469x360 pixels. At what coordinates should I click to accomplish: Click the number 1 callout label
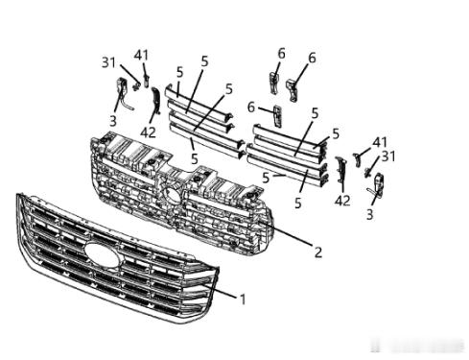(x=243, y=300)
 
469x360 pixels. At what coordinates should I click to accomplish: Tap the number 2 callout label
(x=318, y=252)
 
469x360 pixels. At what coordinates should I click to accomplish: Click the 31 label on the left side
(x=108, y=62)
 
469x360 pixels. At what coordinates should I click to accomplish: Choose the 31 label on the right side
(x=388, y=156)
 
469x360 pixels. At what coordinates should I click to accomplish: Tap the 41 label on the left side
(x=141, y=56)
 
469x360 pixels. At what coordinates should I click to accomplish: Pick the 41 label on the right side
(x=380, y=142)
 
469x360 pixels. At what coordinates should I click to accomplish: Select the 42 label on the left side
(x=148, y=132)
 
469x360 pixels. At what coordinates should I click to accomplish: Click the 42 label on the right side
(x=342, y=201)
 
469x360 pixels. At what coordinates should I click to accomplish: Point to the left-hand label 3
(x=113, y=121)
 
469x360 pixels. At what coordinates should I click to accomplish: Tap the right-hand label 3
(x=370, y=214)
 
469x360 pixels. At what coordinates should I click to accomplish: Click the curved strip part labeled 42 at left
(x=155, y=100)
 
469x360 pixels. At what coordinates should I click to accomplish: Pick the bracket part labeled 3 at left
(x=124, y=93)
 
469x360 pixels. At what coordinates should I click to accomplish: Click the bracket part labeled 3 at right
(x=377, y=184)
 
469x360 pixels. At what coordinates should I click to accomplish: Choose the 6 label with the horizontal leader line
(x=251, y=108)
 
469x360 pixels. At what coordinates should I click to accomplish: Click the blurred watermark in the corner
(x=418, y=346)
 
